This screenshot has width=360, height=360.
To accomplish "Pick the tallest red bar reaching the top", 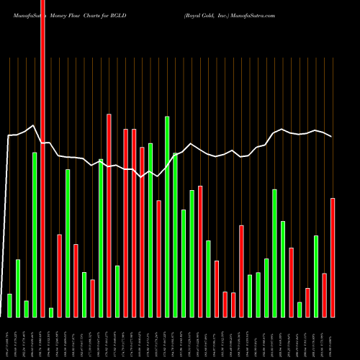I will click(43, 158).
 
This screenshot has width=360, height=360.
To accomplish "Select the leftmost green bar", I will click(9, 305).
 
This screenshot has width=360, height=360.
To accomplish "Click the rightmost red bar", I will click(333, 257).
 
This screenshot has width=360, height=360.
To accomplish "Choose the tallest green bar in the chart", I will click(167, 216).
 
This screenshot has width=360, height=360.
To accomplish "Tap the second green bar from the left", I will click(18, 288).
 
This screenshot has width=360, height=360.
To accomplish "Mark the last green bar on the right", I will click(316, 276).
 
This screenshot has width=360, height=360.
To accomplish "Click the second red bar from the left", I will click(60, 275).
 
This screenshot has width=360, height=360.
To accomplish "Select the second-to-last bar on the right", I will click(325, 295).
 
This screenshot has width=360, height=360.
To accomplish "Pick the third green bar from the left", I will click(26, 309).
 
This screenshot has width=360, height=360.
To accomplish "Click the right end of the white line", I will click(331, 137).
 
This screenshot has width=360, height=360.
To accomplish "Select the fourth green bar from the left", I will click(35, 235).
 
